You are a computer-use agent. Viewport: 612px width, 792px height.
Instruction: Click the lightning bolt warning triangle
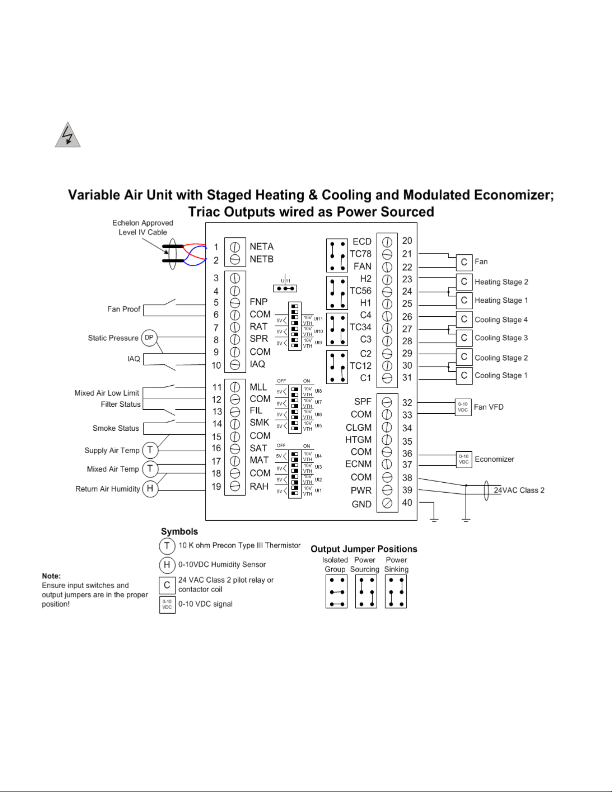point(67,135)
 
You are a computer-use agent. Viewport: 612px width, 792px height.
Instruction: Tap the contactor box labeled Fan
point(464,262)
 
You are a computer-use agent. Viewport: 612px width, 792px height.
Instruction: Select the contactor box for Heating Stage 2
point(464,282)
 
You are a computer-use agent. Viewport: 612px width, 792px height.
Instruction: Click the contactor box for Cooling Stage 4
point(464,319)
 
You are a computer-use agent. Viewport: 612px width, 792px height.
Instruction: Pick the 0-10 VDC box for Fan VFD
point(463,407)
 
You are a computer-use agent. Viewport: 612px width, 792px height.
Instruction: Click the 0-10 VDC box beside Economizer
point(464,459)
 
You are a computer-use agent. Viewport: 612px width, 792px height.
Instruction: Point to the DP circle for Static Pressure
point(149,338)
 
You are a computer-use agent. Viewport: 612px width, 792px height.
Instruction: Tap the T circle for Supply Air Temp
point(150,450)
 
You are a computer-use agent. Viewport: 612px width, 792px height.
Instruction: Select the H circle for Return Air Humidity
point(150,489)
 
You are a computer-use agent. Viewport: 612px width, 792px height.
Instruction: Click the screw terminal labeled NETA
point(235,247)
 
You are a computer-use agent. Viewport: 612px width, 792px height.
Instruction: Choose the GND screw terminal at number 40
point(387,503)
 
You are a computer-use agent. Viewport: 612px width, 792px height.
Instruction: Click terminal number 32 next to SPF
point(407,403)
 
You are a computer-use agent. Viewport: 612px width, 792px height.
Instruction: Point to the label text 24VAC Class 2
point(519,490)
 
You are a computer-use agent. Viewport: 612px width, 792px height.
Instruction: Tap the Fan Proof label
point(123,309)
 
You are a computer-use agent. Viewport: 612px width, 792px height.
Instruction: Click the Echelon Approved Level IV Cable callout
point(142,227)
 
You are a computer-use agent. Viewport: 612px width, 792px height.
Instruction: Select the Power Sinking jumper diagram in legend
point(396,592)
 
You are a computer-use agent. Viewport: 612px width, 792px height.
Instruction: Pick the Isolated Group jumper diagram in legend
point(336,592)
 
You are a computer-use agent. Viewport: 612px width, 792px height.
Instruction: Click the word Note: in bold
point(51,576)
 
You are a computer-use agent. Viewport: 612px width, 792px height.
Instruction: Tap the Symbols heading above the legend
point(179,532)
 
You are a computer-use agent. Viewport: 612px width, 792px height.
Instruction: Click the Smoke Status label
point(115,428)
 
